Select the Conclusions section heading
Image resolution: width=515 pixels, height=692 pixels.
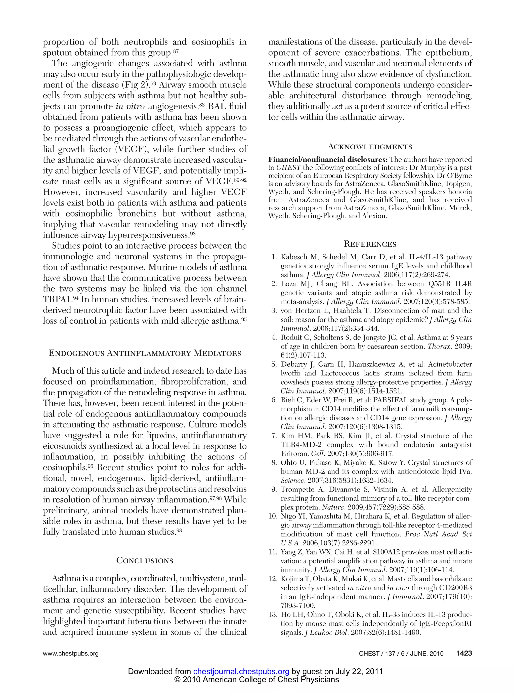click(x=145, y=560)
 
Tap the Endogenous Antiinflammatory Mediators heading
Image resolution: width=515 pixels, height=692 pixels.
click(x=145, y=353)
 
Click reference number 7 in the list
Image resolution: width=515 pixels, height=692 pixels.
click(x=274, y=436)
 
